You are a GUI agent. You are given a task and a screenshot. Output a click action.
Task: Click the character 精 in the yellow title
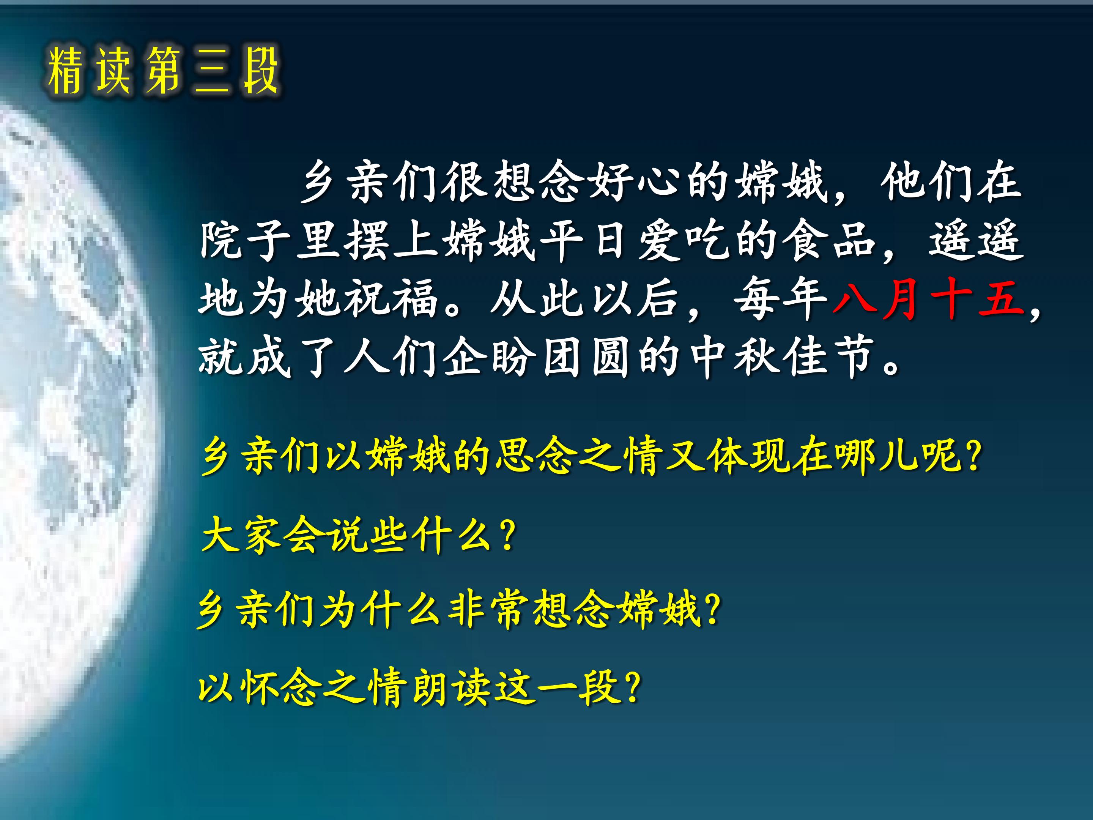coord(65,71)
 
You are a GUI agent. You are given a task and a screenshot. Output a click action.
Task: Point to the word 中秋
coord(731,356)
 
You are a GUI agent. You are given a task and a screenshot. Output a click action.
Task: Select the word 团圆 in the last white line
coord(585,356)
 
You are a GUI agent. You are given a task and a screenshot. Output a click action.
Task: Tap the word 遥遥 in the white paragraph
coord(975,240)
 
